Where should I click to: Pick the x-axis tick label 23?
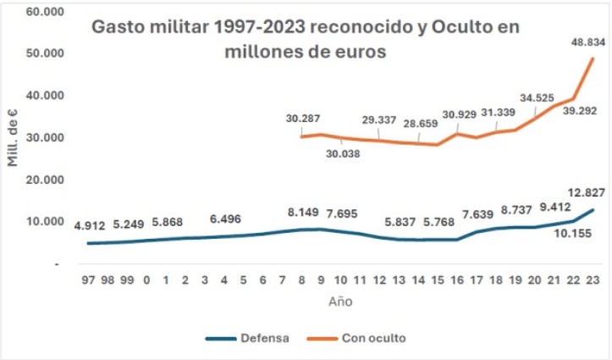coord(591,280)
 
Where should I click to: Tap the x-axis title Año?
coord(341,301)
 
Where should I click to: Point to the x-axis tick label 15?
coord(437,280)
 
